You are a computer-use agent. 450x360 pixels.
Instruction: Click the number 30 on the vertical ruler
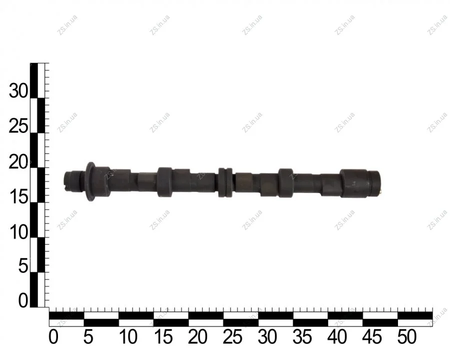coord(18,91)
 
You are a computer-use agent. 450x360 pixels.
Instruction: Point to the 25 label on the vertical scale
coord(18,126)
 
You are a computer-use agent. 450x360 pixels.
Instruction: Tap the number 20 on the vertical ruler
coord(18,162)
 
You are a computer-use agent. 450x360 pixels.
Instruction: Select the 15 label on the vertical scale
coord(18,197)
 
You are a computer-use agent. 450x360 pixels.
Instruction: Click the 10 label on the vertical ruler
coord(18,232)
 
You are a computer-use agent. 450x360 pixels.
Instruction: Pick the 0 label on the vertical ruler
coord(23,301)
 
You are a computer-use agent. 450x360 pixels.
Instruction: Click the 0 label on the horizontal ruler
coord(53,336)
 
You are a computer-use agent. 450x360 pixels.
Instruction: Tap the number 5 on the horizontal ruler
coord(88,336)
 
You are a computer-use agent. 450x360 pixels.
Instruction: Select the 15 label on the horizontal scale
coord(163,336)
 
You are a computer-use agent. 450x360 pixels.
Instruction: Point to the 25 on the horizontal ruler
coord(232,336)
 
